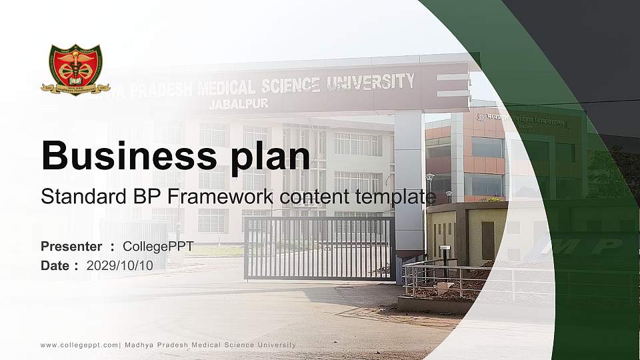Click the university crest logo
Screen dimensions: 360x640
(75, 70)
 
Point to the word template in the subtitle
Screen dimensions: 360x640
(397, 197)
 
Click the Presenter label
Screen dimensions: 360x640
(71, 247)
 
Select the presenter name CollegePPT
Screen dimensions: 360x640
(158, 247)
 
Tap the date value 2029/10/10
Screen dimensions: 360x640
(119, 265)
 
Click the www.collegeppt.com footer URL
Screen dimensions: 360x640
(79, 345)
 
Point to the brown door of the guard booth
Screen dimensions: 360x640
(488, 240)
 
